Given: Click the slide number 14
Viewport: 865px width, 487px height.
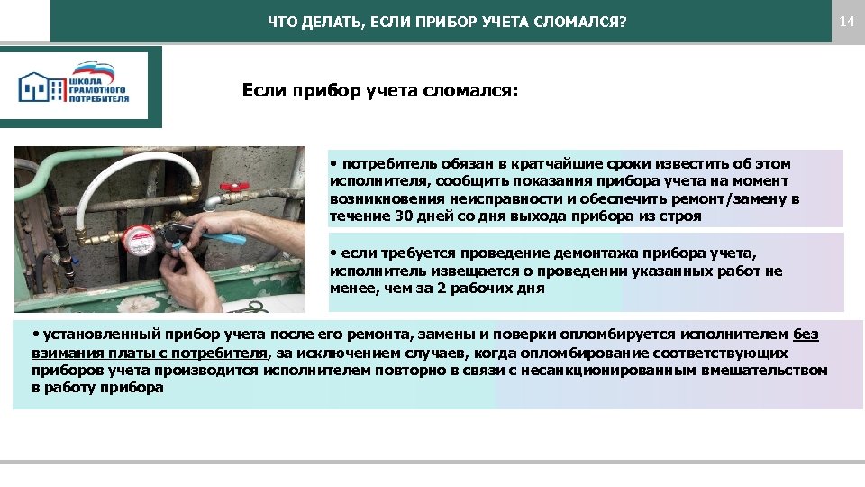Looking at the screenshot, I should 846,20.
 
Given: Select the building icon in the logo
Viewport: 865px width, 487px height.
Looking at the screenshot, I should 41,87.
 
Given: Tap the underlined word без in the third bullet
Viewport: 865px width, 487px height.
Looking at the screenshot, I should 806,335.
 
